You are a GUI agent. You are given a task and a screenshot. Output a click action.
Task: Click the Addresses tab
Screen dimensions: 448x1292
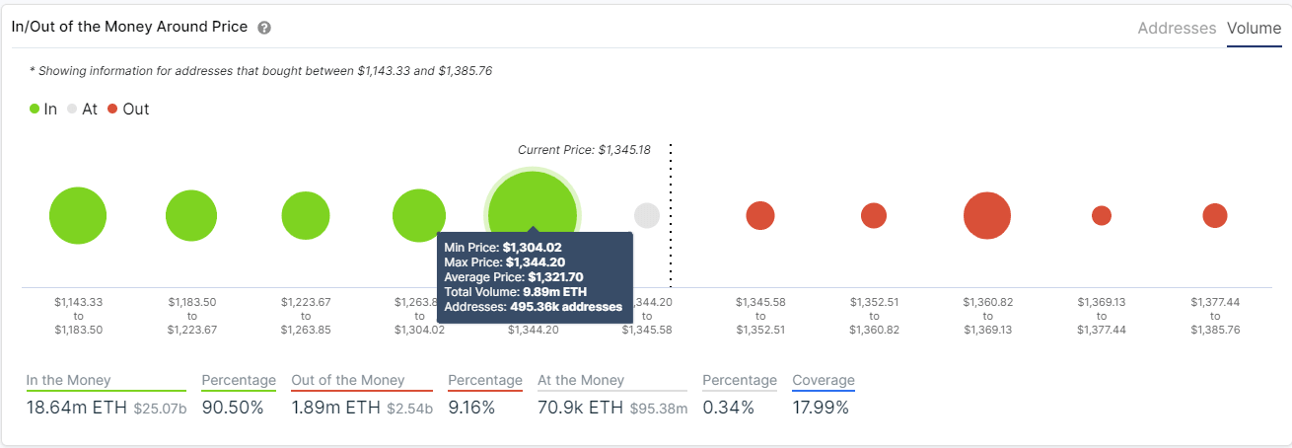[1177, 29]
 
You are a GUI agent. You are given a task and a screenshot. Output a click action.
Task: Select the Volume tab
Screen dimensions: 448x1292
[1254, 29]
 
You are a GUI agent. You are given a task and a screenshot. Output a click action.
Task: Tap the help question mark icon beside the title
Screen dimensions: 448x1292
[264, 28]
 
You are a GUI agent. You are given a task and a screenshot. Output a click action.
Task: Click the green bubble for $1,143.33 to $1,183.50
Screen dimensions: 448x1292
[78, 215]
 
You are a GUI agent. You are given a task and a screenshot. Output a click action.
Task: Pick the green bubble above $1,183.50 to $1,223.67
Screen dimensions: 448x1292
[191, 215]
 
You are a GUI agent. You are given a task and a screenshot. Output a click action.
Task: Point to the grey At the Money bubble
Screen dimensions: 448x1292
[647, 215]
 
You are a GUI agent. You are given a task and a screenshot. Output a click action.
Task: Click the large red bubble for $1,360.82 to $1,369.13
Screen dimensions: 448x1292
[987, 215]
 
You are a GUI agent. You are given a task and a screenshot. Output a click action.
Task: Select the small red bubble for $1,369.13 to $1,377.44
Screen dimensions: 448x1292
[1102, 215]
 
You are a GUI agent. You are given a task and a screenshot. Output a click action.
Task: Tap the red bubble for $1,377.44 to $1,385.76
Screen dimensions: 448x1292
[1215, 215]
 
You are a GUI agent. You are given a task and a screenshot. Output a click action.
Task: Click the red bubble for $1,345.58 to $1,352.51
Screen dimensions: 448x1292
[760, 215]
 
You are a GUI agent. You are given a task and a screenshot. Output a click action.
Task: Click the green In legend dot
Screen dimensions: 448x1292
[35, 110]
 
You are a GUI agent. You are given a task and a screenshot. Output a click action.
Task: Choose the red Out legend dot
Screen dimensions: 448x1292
[112, 110]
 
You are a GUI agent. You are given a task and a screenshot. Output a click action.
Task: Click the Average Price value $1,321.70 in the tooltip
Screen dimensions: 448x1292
[555, 277]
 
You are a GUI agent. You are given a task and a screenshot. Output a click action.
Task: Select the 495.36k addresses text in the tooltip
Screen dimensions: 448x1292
[566, 307]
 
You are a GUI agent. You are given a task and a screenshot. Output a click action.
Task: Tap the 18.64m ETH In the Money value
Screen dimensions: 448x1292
[76, 407]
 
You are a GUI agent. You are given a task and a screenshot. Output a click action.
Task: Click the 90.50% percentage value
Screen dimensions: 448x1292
[233, 407]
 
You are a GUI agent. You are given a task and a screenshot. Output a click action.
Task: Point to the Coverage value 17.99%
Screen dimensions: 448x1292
[821, 407]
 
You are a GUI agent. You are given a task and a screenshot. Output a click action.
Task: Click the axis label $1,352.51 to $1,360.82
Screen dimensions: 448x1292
[874, 316]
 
